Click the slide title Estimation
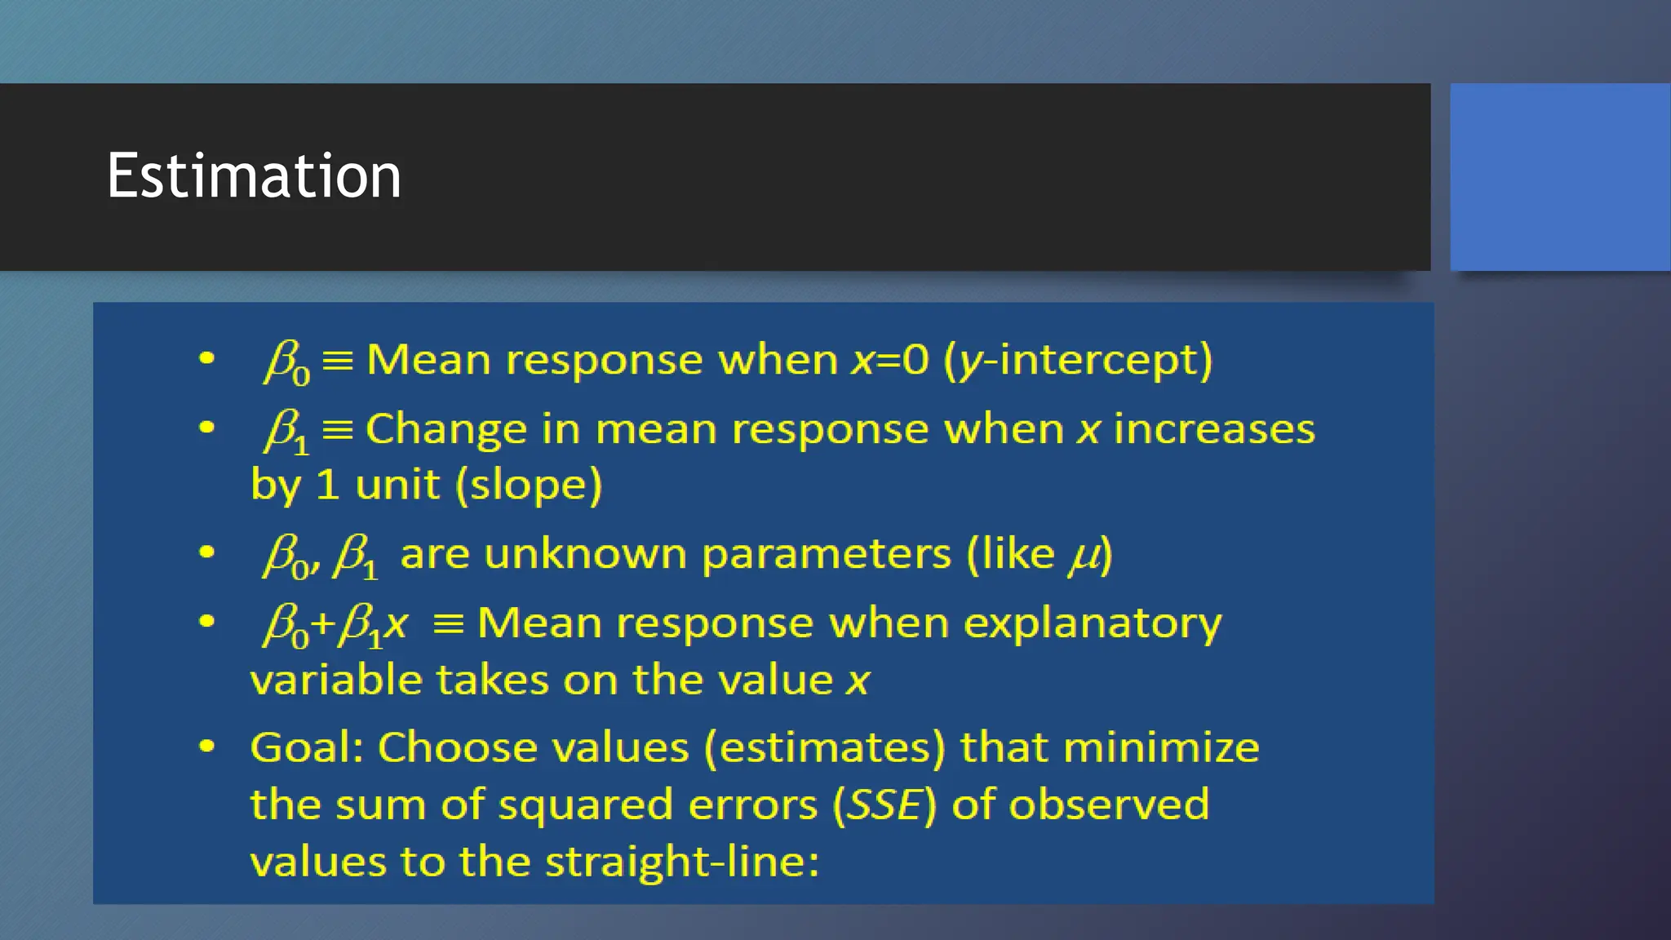coord(253,175)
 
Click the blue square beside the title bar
coord(1559,176)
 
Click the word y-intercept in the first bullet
coord(1085,360)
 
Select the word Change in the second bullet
coord(446,430)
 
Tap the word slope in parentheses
coord(529,485)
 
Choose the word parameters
coord(826,555)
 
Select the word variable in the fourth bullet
coord(335,680)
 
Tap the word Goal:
coord(306,747)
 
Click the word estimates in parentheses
coord(824,747)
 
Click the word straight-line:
coord(681,862)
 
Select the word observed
coord(1109,805)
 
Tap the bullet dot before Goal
coord(206,747)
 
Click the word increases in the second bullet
coord(1214,429)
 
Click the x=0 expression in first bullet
coord(889,360)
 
